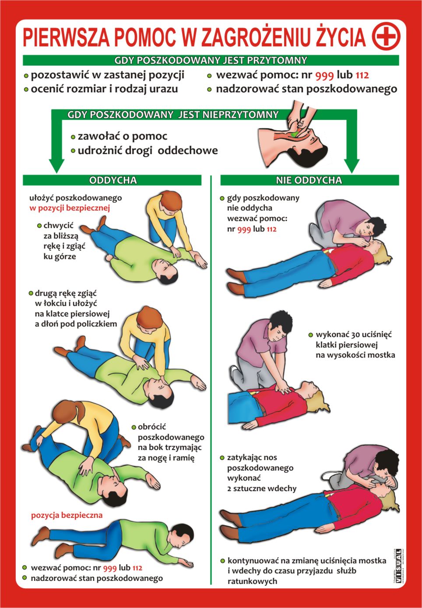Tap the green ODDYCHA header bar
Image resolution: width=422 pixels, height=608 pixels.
click(x=112, y=180)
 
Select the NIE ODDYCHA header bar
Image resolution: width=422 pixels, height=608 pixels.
click(x=309, y=180)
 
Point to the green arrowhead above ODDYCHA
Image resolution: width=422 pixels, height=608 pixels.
click(x=56, y=165)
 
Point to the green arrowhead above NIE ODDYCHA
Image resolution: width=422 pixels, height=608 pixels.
click(x=352, y=165)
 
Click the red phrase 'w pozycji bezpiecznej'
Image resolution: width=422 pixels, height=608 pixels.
click(x=70, y=208)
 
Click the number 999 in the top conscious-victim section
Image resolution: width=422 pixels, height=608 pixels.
click(x=324, y=75)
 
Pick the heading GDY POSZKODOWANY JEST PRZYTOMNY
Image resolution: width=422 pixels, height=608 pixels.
click(x=211, y=60)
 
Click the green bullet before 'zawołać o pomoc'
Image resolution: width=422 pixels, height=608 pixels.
click(x=73, y=137)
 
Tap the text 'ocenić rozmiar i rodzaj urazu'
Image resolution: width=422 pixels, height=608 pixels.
click(x=104, y=89)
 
